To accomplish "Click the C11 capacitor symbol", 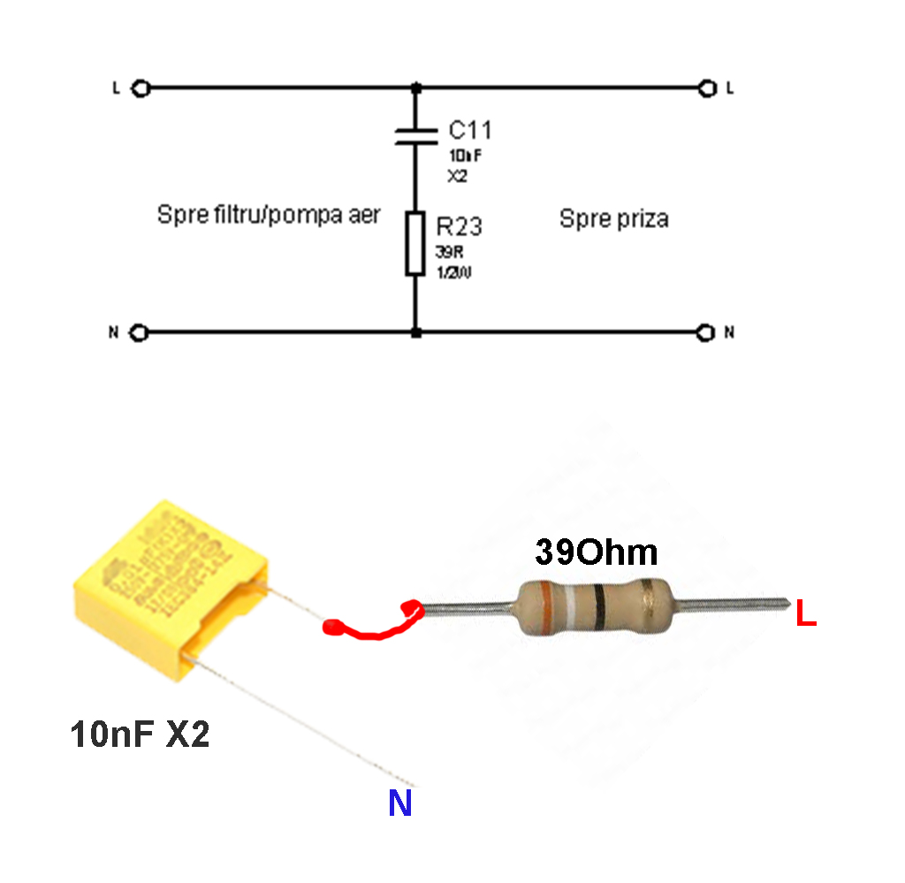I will [416, 134].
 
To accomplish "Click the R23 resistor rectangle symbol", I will [416, 243].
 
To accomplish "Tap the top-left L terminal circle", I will [139, 88].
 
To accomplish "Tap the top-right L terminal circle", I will [705, 88].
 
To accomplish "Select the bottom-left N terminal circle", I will [139, 333].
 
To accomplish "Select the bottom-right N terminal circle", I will [705, 333].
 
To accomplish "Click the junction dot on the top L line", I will [416, 88].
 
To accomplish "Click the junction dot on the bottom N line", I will [416, 333].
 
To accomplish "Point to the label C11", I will [469, 131].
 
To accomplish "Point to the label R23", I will [460, 226].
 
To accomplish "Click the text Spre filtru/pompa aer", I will [269, 215].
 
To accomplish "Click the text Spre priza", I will [613, 218].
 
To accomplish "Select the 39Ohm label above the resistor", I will [596, 553].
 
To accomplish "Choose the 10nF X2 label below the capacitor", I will [140, 735].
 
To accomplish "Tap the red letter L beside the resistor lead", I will [805, 614].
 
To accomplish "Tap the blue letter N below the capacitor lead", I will [400, 803].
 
